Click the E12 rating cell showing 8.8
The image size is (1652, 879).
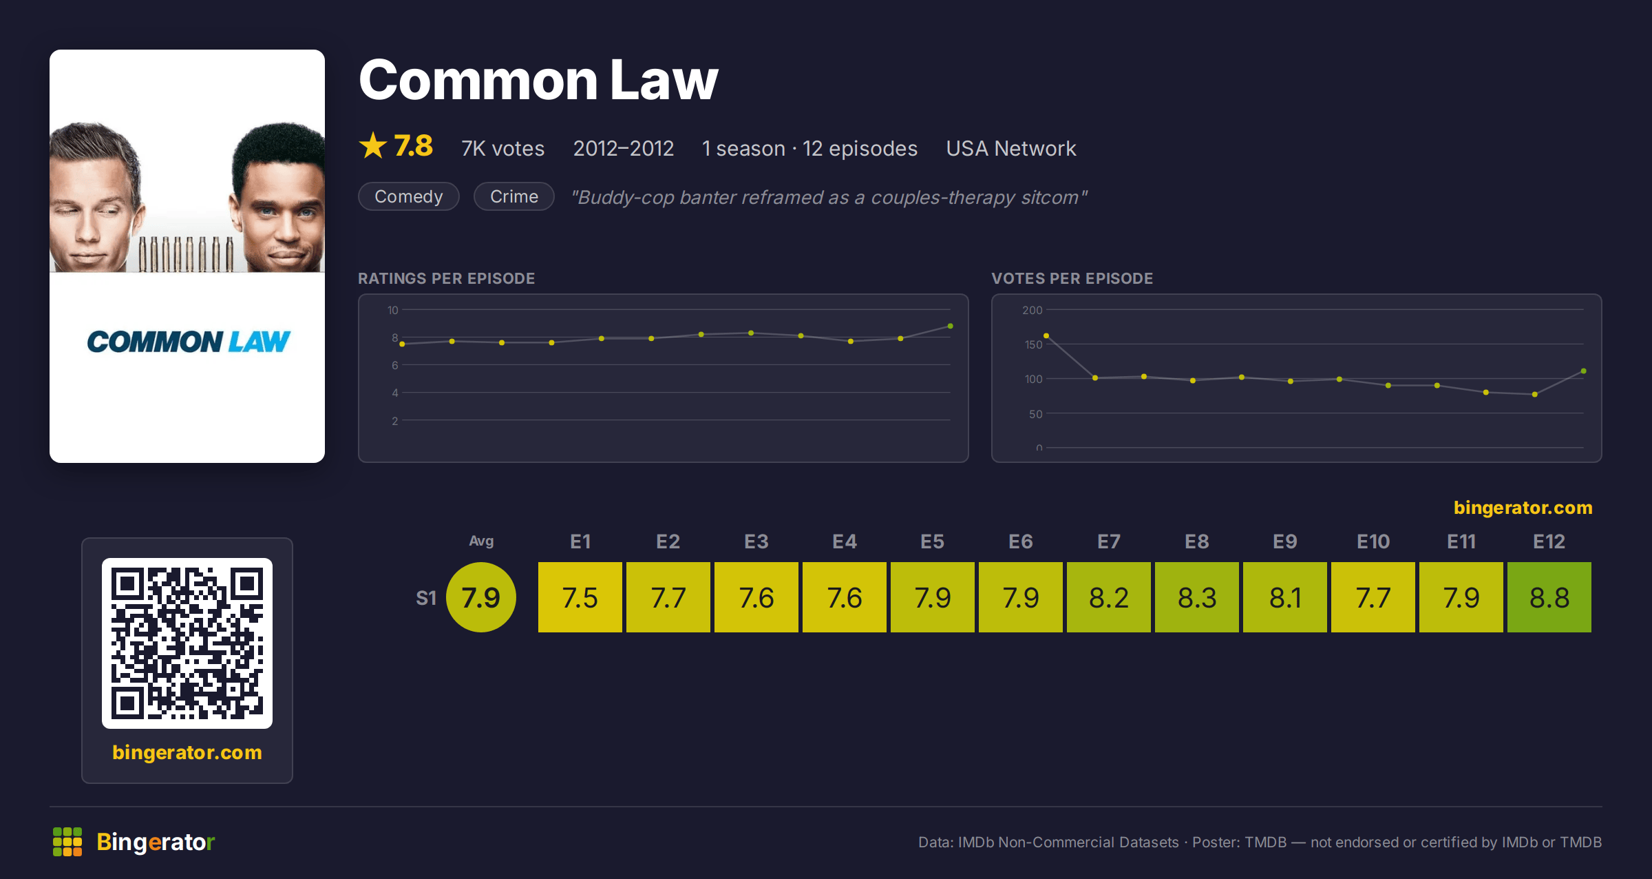[1549, 597]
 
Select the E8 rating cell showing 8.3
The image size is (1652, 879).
[1196, 597]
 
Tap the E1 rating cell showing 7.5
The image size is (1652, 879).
[580, 597]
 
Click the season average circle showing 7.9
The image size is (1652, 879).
[481, 597]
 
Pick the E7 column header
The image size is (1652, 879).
[1108, 541]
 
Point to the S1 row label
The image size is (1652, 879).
[426, 598]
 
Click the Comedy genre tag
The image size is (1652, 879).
[409, 196]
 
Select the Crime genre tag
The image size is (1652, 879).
[514, 196]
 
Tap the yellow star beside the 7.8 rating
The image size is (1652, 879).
[373, 145]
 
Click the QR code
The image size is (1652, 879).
[187, 643]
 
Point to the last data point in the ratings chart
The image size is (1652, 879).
[950, 326]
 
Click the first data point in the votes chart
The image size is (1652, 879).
[1046, 335]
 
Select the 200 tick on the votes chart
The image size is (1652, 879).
[1032, 310]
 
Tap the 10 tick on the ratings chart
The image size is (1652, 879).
[392, 310]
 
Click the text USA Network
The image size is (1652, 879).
[1010, 148]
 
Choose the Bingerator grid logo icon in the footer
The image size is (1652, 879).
[67, 842]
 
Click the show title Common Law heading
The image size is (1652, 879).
[538, 80]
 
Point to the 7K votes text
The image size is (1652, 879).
[502, 148]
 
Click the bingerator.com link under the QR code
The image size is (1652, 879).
[187, 752]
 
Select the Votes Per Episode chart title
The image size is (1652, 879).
[1072, 278]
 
